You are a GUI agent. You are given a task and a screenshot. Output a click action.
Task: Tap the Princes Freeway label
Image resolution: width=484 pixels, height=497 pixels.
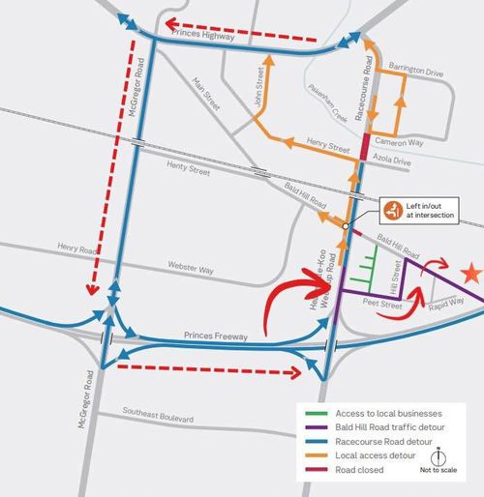coord(214,336)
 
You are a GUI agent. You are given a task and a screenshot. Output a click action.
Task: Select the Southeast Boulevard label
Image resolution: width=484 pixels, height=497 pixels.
coord(158,418)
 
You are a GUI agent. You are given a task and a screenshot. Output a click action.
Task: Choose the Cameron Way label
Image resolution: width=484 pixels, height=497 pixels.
coord(403,141)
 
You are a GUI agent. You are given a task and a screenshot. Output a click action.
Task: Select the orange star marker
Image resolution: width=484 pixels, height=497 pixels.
coord(472,274)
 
